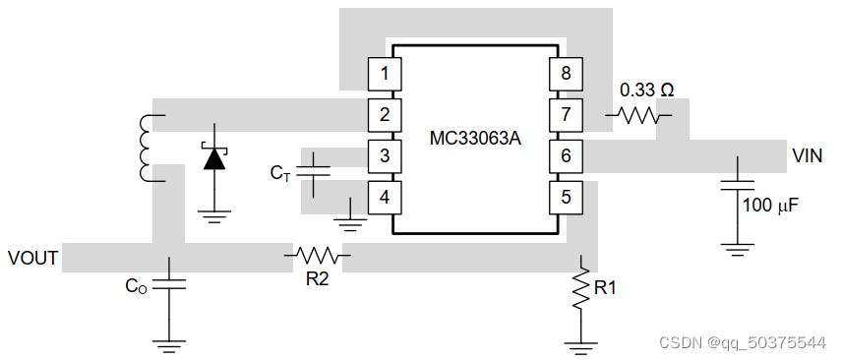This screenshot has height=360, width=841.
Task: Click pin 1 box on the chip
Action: click(x=385, y=73)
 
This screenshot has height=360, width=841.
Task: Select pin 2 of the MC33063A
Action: click(x=385, y=114)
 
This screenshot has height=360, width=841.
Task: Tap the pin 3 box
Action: click(x=385, y=155)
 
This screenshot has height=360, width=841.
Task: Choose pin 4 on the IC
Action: click(x=385, y=197)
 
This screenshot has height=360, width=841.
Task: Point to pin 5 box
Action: click(x=566, y=197)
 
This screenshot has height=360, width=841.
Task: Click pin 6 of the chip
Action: click(x=566, y=155)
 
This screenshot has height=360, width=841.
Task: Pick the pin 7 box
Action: click(x=566, y=114)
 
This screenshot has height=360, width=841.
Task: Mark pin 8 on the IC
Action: click(x=566, y=73)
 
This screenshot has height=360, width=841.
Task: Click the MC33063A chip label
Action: click(x=475, y=138)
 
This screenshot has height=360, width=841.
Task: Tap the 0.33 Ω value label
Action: click(x=646, y=90)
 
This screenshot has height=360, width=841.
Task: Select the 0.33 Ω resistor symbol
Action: click(x=638, y=115)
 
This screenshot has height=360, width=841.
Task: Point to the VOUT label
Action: click(x=33, y=259)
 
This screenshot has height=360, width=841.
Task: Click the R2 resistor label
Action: click(x=317, y=279)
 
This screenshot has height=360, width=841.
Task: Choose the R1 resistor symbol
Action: click(x=582, y=287)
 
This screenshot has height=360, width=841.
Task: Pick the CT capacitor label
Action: click(x=280, y=173)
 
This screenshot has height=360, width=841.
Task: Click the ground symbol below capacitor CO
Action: click(x=168, y=343)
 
